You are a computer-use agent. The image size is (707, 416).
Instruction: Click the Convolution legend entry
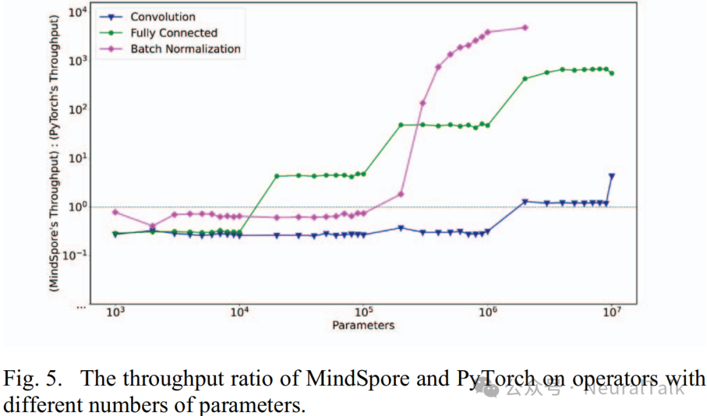[162, 17]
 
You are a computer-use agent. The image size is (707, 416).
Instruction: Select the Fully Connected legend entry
[173, 33]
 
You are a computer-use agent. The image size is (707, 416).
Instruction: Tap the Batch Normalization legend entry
[185, 48]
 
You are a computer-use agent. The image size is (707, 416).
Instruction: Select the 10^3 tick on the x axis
[116, 313]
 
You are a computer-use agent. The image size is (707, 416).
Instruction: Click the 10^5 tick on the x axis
[364, 313]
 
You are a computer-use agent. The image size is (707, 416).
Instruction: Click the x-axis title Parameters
[363, 325]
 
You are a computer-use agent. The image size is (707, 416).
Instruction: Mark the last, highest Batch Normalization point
[525, 28]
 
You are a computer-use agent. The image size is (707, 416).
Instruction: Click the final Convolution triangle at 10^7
[612, 176]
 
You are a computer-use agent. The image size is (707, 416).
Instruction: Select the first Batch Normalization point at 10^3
[116, 212]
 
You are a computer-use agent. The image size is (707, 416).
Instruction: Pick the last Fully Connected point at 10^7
[612, 73]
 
